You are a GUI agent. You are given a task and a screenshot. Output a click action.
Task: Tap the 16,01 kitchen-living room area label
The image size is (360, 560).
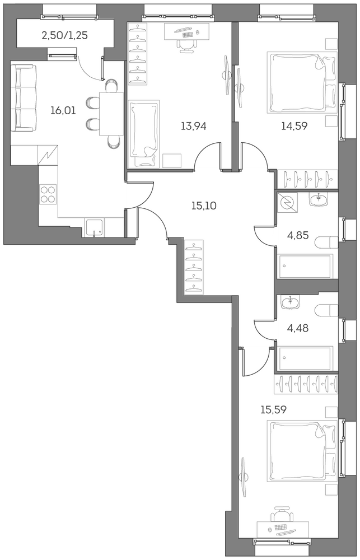[63, 111]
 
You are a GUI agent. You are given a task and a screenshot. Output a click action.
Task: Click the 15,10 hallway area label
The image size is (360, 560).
[204, 206]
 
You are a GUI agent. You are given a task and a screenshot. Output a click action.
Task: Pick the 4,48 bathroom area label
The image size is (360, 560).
[297, 328]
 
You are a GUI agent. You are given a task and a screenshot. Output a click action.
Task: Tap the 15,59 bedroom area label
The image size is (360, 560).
[273, 410]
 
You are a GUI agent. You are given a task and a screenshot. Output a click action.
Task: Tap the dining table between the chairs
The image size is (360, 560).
[111, 114]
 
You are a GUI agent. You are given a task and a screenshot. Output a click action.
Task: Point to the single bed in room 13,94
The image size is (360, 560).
[143, 134]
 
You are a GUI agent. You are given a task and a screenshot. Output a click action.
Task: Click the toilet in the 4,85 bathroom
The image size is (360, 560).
[326, 243]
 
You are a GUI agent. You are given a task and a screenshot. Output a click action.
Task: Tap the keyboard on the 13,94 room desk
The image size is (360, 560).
[188, 35]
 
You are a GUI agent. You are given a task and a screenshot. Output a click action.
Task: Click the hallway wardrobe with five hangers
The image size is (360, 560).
[194, 267]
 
